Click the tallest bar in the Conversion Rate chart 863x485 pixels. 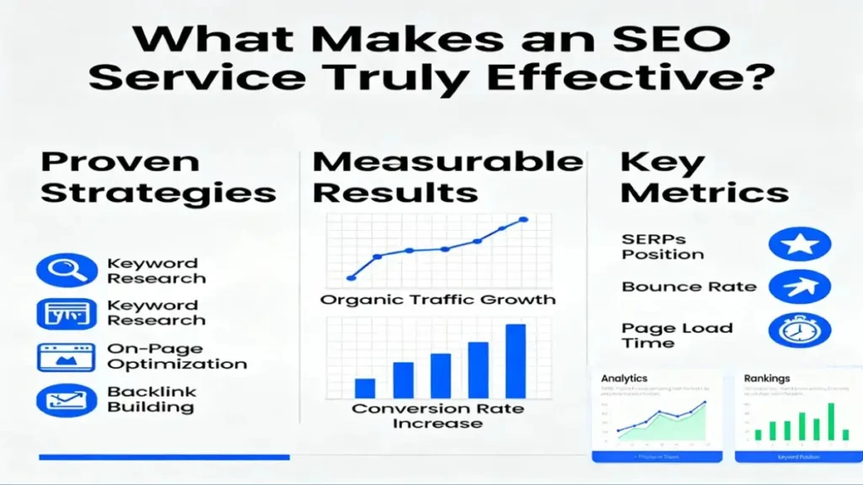(515, 360)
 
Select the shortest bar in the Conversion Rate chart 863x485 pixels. (365, 387)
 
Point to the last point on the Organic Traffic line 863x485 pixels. (523, 220)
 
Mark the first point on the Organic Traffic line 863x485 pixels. (351, 277)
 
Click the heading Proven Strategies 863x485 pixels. (158, 177)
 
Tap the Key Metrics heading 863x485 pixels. (704, 177)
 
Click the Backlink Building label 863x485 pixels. (151, 399)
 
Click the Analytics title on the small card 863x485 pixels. (624, 378)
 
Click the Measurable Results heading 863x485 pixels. (447, 177)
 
